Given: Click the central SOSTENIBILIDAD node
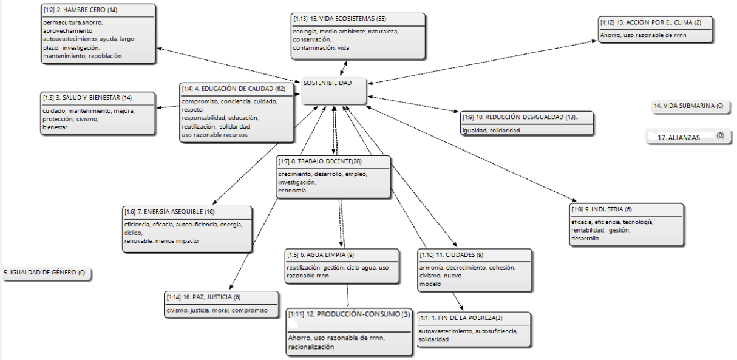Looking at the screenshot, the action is coord(334,91).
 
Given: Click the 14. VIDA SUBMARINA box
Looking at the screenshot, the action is coord(691,106).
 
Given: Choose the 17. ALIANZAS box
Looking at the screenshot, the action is coord(688,137).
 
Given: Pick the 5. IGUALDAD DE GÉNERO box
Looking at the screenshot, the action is coord(46,273).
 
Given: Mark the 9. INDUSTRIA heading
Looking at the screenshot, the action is coord(602,209).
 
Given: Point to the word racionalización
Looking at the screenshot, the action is coord(311,347).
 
